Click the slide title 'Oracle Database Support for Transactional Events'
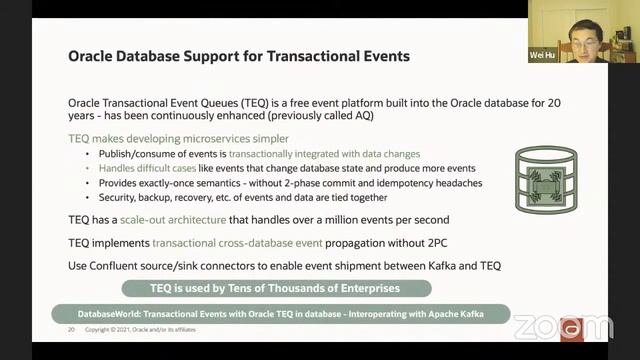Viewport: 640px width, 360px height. pyautogui.click(x=238, y=56)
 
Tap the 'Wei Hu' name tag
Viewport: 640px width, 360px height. pyautogui.click(x=544, y=56)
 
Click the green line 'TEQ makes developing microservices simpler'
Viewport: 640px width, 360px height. pyautogui.click(x=178, y=138)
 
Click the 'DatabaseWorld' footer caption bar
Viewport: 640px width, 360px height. pyautogui.click(x=280, y=314)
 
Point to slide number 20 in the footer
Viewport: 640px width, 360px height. pyautogui.click(x=71, y=329)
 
